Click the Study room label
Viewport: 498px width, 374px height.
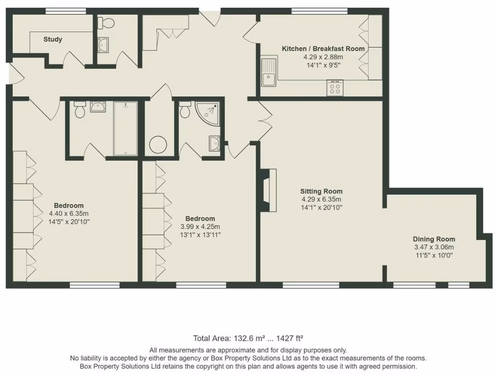[x=53, y=39]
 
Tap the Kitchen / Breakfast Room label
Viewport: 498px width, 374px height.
[x=330, y=49]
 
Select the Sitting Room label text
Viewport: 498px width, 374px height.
[x=321, y=191]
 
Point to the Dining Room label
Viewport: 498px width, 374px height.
[x=434, y=239]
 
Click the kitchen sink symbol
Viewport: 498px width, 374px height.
[x=268, y=73]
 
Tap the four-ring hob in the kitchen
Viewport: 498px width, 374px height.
[x=335, y=88]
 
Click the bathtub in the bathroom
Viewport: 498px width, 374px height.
[x=125, y=128]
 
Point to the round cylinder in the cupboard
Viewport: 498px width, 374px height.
[x=158, y=145]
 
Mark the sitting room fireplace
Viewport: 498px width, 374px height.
[x=268, y=190]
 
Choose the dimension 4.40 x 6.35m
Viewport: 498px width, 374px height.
[x=69, y=213]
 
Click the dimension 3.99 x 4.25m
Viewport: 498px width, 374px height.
[x=200, y=226]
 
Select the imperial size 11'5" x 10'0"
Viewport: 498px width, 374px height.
[x=434, y=255]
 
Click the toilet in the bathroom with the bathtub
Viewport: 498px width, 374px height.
[x=80, y=111]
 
